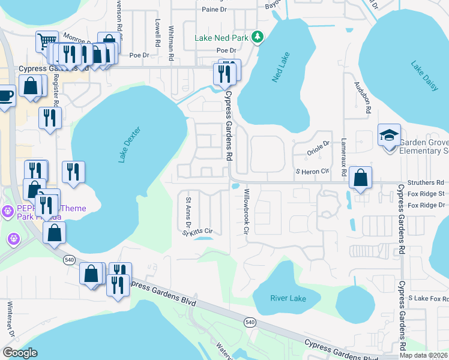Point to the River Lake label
point(288,298)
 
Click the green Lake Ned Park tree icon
point(258,37)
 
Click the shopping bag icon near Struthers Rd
point(360,178)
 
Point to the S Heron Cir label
point(313,172)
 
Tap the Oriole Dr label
point(319,143)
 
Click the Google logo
point(20,353)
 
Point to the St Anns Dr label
point(188,212)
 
